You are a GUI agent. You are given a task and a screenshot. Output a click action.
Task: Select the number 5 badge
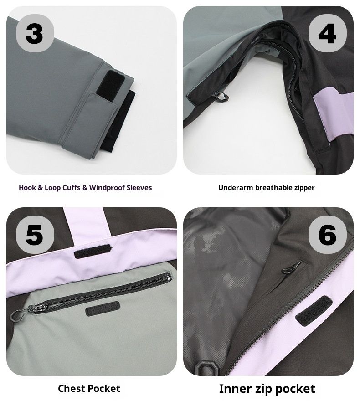point(35,234)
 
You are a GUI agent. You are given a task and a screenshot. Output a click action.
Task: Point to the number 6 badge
point(327,234)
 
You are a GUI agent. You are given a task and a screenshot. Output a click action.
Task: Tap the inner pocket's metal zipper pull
point(287,269)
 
